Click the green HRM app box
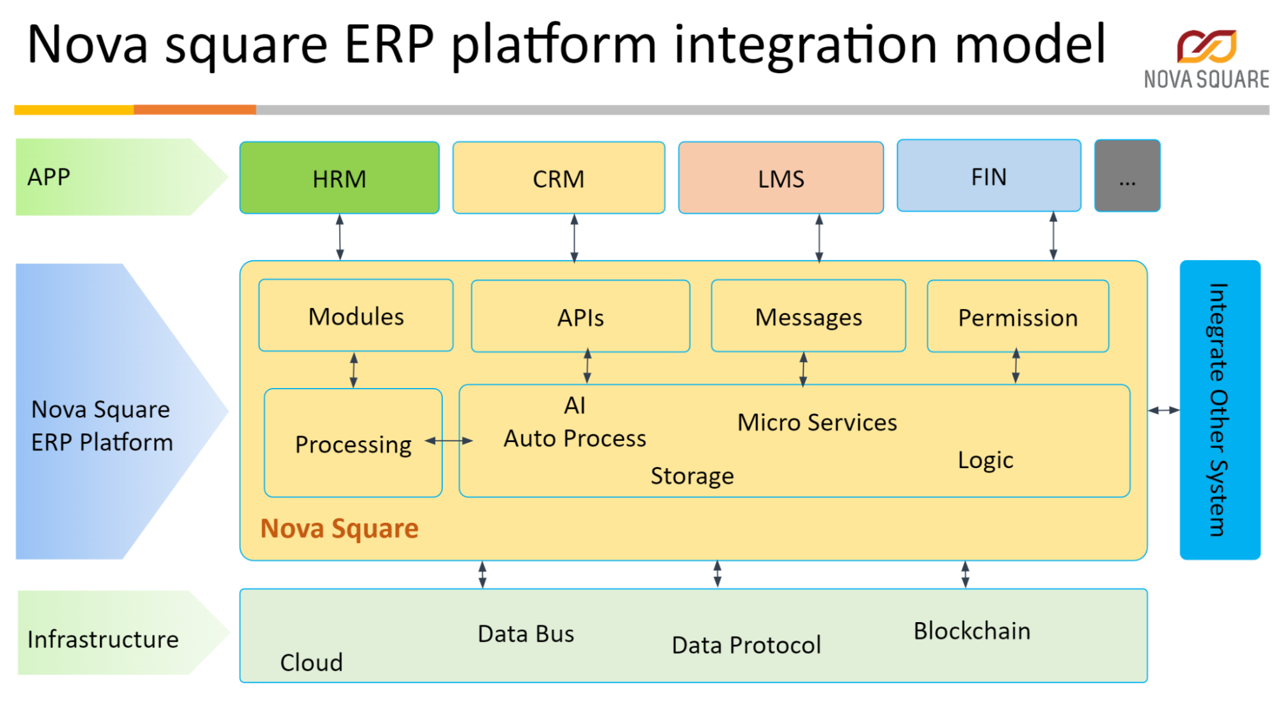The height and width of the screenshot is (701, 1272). [x=339, y=178]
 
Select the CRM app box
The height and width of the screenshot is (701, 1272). [x=558, y=178]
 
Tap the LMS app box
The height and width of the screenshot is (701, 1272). [x=781, y=178]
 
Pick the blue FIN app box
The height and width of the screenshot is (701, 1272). [x=988, y=176]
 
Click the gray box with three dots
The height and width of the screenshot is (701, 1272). [x=1127, y=176]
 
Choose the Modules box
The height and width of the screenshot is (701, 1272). [x=356, y=316]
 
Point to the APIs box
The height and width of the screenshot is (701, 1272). [x=580, y=317]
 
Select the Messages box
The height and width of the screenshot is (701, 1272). [x=808, y=317]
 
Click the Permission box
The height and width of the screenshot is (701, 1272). [x=1017, y=317]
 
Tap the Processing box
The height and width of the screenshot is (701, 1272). [x=353, y=444]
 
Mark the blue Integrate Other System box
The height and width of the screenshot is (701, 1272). [x=1219, y=410]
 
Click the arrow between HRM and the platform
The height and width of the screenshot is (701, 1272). [x=340, y=237]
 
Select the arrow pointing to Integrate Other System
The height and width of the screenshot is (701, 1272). [x=1163, y=410]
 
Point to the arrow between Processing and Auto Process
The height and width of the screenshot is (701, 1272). [x=449, y=440]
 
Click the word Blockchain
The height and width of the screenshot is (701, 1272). [x=972, y=631]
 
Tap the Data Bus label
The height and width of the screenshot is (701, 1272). [x=526, y=634]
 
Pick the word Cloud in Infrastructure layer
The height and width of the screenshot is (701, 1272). [x=311, y=663]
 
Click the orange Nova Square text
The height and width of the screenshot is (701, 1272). [x=339, y=529]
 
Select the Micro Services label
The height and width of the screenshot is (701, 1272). [x=817, y=422]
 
